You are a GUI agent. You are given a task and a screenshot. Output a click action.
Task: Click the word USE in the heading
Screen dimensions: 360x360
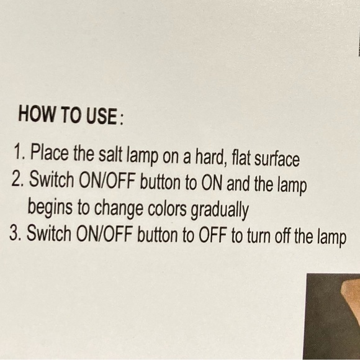(102, 116)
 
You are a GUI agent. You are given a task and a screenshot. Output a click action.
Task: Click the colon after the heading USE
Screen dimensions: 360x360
(122, 120)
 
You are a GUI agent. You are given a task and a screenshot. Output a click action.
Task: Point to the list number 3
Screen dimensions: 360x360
(15, 233)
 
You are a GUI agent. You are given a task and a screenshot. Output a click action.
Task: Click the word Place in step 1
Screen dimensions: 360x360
(50, 152)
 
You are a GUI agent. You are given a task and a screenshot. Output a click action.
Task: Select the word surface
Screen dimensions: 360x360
(277, 159)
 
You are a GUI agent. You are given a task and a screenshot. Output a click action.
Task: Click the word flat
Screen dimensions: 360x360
(241, 158)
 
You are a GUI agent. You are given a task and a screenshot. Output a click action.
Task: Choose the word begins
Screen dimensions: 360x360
(50, 207)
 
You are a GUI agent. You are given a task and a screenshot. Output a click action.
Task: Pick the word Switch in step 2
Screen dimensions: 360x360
(52, 179)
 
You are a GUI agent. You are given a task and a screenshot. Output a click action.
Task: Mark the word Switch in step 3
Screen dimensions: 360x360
(49, 233)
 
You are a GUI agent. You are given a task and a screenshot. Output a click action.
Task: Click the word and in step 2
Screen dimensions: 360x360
(238, 184)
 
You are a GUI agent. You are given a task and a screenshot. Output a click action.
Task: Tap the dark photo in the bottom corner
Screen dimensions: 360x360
(332, 317)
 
